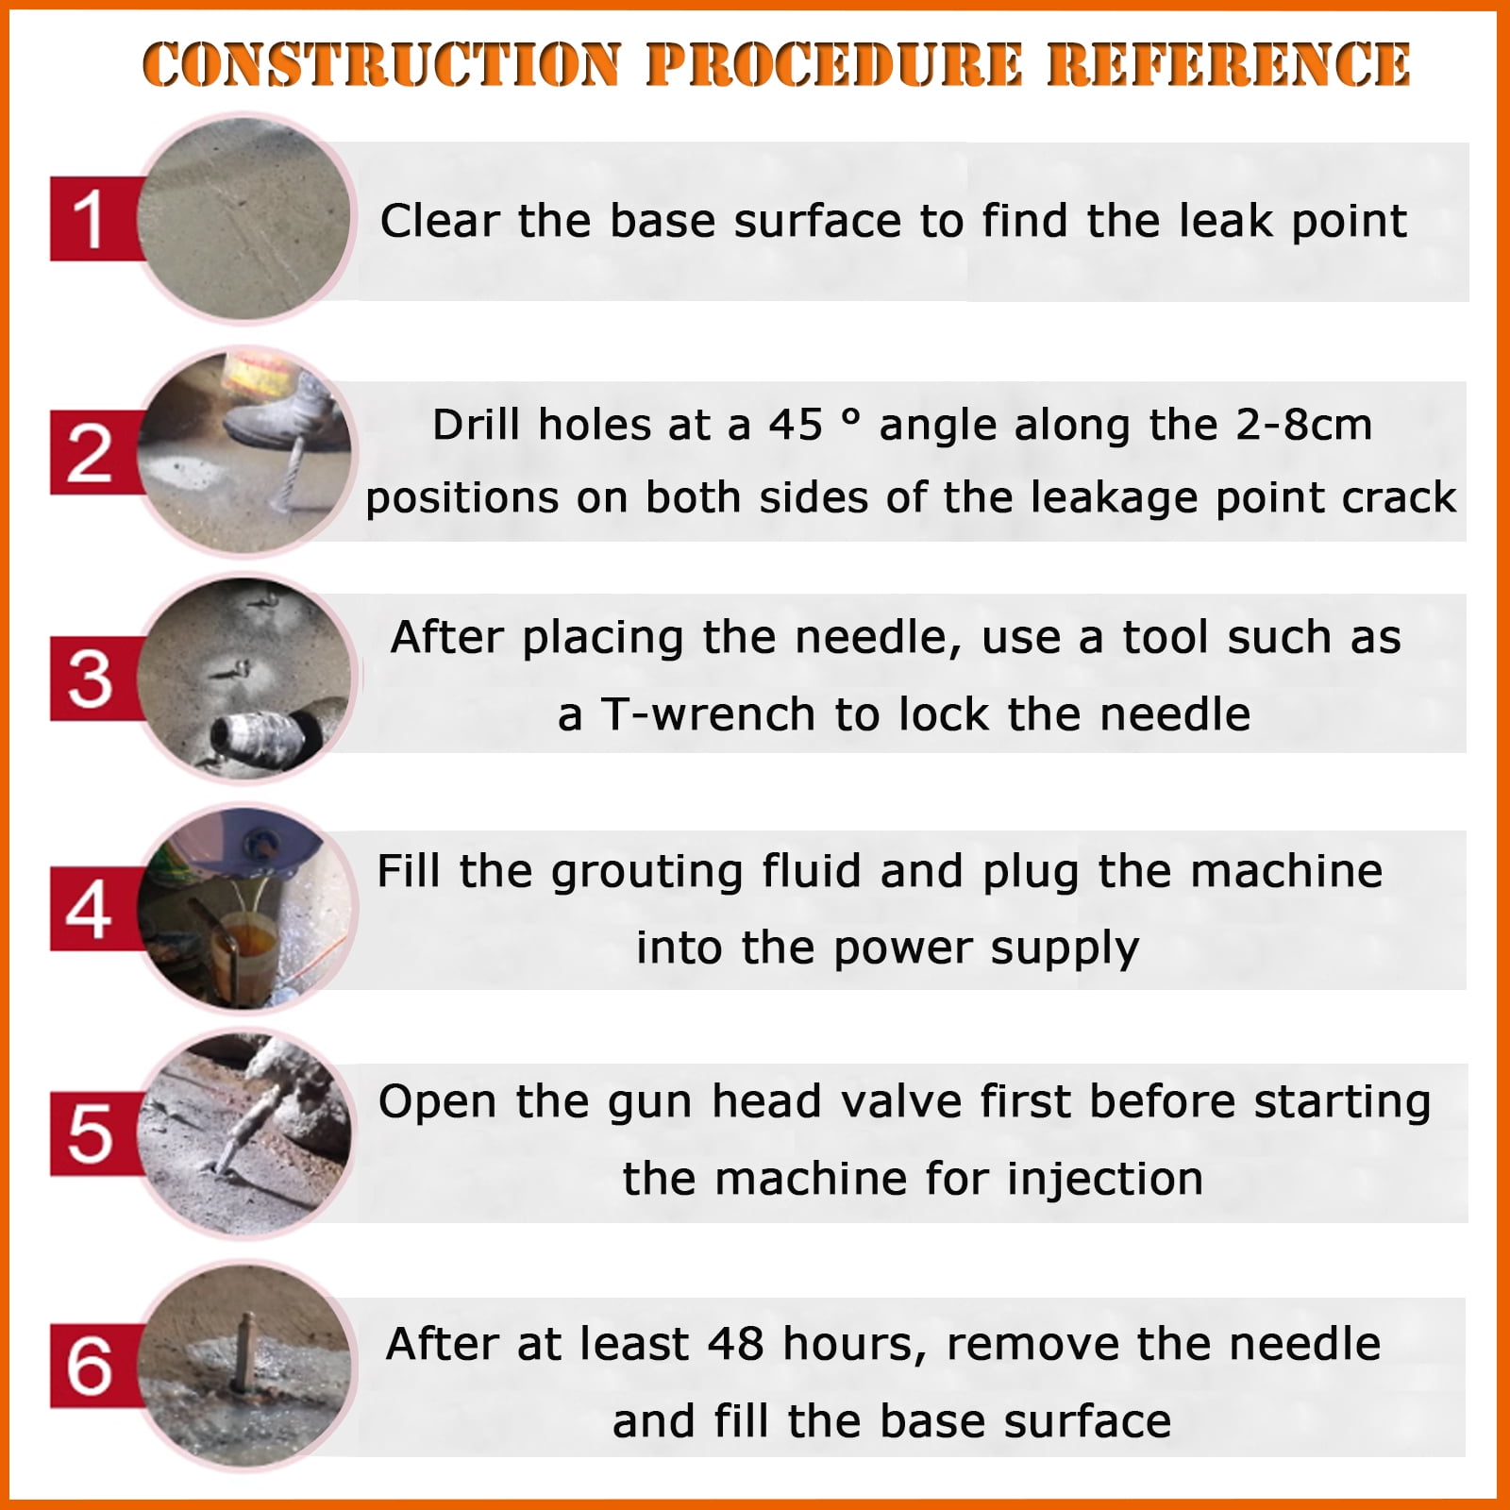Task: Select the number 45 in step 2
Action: click(x=796, y=425)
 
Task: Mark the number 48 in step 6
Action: click(x=735, y=1344)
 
